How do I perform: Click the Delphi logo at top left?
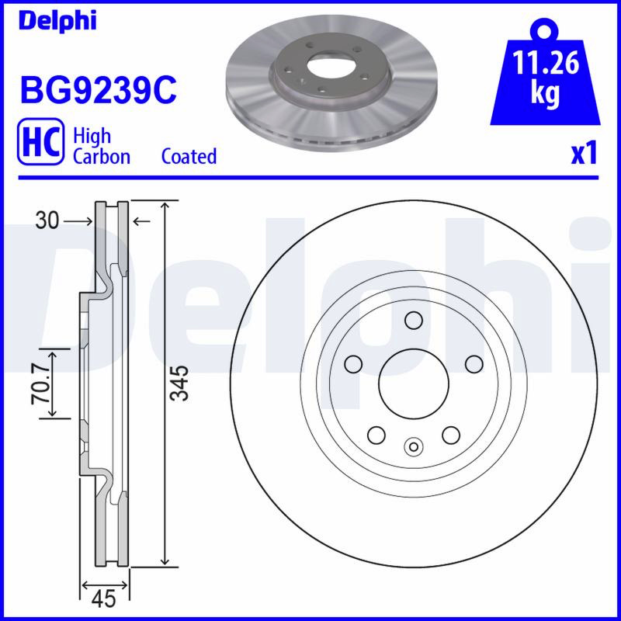point(57,21)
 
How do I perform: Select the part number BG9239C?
point(99,91)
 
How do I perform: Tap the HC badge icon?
point(40,141)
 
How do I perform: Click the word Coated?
point(189,156)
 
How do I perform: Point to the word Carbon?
point(102,156)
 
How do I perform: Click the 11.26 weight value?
point(546,63)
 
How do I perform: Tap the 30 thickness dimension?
point(47,220)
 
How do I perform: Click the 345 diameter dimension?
point(179,383)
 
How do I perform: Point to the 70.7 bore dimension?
point(40,383)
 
